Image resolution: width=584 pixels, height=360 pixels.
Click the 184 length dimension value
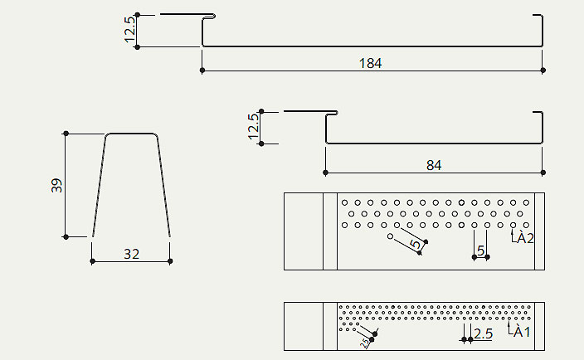tap(370, 62)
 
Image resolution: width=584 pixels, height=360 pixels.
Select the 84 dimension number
tap(434, 165)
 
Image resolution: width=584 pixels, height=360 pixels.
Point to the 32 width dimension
tap(131, 254)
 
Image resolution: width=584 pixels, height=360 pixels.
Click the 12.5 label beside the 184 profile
tap(129, 31)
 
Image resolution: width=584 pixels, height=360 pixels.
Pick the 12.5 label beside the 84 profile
tap(253, 127)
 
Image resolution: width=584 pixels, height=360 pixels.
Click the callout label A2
tap(523, 239)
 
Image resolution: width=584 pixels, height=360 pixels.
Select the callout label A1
tap(522, 333)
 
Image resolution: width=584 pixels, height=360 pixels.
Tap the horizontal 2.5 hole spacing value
tap(483, 333)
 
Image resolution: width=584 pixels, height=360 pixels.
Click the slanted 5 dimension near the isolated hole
tap(414, 244)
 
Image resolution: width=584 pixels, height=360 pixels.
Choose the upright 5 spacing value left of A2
tap(480, 250)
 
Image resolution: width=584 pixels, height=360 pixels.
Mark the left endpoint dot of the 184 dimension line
tap(202, 71)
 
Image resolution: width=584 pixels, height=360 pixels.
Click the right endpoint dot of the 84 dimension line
tap(543, 173)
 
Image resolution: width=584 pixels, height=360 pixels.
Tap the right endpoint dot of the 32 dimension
tap(170, 261)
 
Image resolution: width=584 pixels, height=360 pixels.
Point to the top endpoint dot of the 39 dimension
tap(66, 133)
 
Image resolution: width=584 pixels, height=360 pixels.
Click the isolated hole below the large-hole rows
tap(390, 236)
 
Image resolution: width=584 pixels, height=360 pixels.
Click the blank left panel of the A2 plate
tap(303, 231)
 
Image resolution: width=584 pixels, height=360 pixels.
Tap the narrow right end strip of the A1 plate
tap(539, 326)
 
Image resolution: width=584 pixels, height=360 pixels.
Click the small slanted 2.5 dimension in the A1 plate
tap(363, 343)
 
